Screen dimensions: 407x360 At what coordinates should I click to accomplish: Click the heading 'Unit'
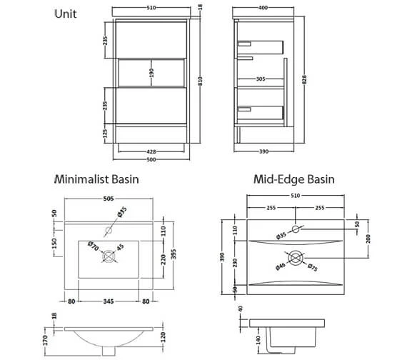66,14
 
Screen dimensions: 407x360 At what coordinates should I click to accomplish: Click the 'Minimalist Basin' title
96,179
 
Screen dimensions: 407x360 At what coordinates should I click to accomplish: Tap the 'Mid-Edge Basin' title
294,179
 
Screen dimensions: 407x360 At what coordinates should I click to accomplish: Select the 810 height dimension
200,81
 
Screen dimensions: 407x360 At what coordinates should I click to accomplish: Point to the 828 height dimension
304,79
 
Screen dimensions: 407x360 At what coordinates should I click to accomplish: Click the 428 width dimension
151,151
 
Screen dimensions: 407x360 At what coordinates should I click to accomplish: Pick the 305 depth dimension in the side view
261,79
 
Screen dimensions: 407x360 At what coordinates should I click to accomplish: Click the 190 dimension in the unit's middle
151,73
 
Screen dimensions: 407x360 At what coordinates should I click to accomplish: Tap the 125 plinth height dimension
105,134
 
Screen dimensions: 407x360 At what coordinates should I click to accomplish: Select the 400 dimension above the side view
263,8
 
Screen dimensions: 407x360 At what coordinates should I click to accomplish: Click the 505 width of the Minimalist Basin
109,199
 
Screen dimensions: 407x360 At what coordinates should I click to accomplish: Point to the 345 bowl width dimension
109,301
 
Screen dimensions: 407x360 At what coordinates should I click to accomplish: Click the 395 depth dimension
174,254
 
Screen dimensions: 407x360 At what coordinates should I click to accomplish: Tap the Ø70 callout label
94,246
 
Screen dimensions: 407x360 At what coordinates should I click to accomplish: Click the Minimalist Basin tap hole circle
109,230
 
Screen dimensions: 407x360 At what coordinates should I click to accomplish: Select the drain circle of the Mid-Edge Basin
296,258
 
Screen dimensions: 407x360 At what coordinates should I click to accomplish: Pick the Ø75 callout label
313,268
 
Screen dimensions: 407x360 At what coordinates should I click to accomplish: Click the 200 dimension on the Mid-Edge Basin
368,239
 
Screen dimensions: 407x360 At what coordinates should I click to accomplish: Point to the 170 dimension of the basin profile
45,341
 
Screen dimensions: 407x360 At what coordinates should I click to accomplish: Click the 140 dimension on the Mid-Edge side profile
258,340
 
